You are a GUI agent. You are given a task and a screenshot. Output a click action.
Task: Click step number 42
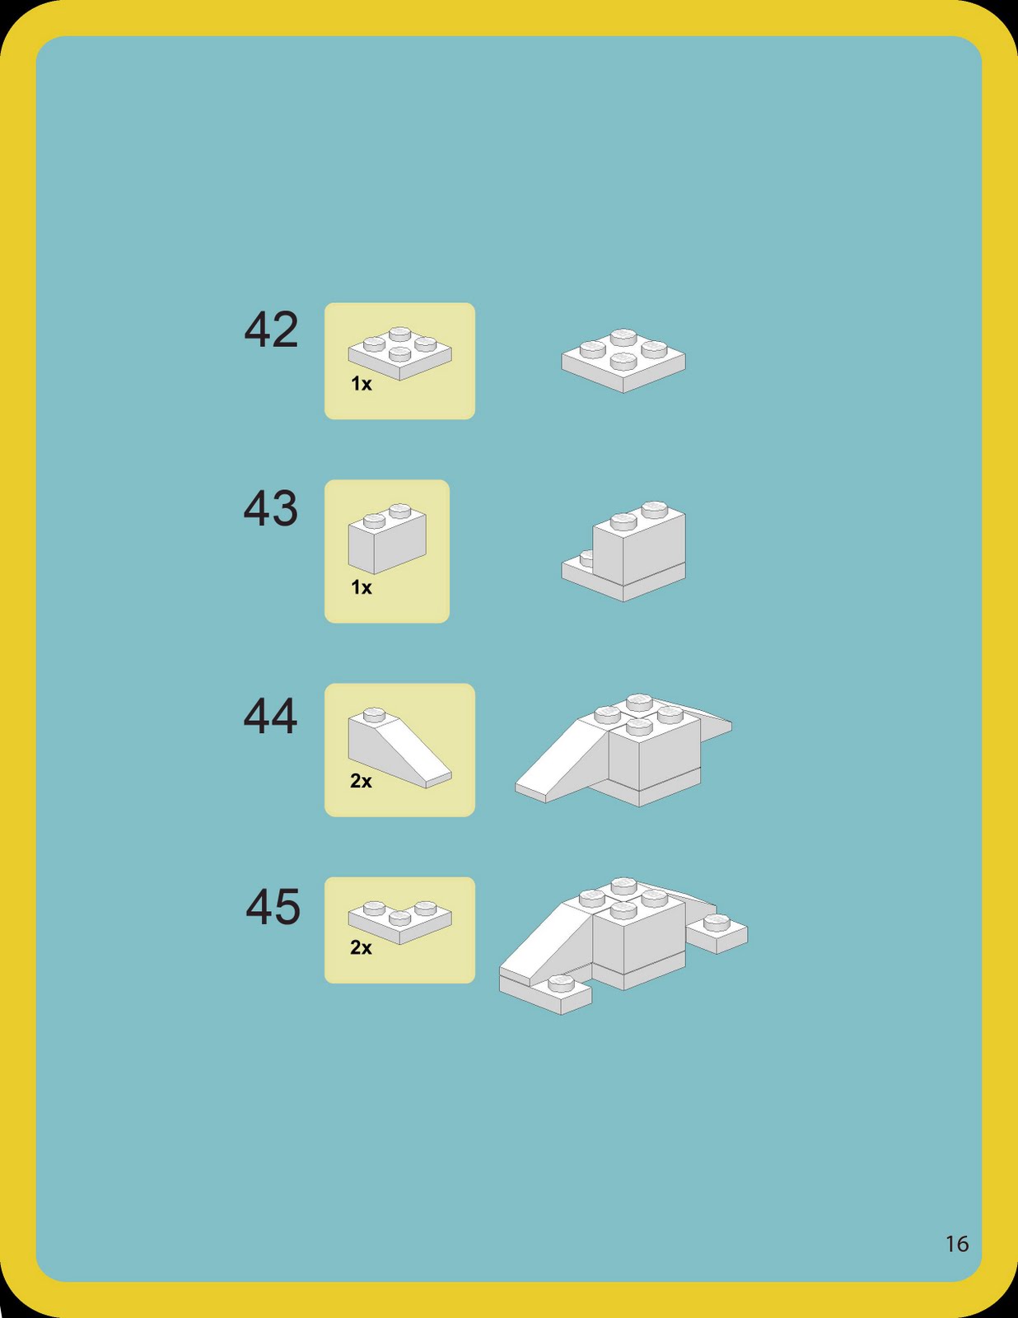(271, 330)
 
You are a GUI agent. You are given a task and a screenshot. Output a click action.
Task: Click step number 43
(270, 508)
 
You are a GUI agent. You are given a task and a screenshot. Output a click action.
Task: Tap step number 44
(270, 716)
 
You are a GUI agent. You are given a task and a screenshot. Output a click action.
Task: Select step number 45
(273, 907)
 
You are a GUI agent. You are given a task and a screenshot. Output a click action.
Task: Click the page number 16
(957, 1244)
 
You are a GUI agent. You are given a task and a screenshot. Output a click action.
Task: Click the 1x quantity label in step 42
(362, 384)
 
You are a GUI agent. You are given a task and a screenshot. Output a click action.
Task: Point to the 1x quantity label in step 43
(362, 587)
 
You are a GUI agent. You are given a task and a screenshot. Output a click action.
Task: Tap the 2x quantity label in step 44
(361, 781)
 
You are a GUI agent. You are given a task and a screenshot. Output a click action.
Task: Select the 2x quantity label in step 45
(361, 947)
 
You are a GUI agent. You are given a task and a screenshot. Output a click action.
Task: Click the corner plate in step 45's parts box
(399, 921)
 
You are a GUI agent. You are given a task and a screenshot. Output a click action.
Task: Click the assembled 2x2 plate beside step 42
(623, 360)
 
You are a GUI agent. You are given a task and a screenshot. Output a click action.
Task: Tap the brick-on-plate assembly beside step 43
(630, 549)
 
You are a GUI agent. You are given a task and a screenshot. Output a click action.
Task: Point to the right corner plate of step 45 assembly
(717, 932)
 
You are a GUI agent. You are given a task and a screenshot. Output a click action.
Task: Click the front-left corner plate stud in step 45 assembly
(561, 983)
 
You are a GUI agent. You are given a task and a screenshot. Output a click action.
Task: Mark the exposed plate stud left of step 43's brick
(586, 559)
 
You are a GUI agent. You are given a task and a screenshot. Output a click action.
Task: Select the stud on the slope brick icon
(374, 713)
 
